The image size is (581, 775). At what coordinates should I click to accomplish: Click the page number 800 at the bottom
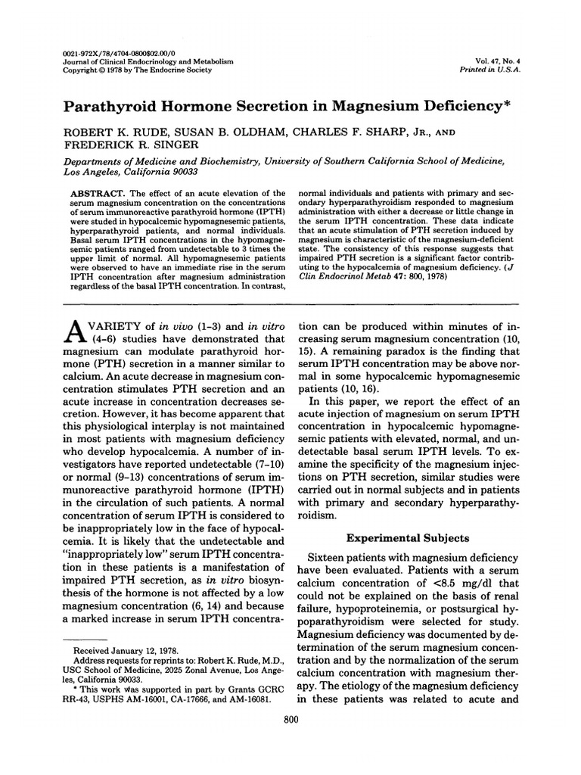[290, 719]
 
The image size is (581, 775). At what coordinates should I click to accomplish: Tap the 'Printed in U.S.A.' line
[496, 67]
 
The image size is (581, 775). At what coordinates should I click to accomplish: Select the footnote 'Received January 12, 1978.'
[120, 650]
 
